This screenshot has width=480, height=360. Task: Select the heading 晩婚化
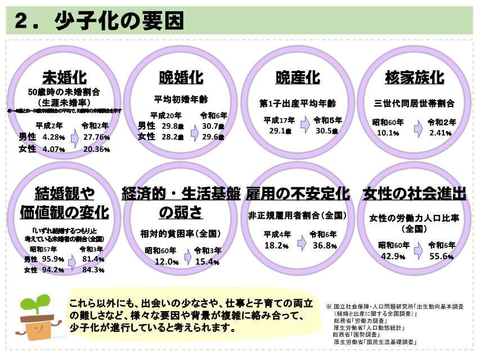coord(181,77)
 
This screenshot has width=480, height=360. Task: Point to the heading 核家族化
coord(414,77)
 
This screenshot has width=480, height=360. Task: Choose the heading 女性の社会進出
coord(414,194)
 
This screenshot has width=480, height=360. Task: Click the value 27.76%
coord(96,137)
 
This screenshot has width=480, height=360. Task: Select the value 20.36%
coord(96,149)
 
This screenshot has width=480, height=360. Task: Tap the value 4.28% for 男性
coord(54,137)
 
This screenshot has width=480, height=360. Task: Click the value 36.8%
coord(325,246)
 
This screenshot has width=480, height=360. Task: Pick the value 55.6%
coord(441,256)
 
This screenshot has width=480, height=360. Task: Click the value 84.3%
coord(93,269)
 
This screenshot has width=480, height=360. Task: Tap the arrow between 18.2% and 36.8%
coord(301,242)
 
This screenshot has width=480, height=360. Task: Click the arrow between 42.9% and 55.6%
coord(418,251)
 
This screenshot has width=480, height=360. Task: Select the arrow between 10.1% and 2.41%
coord(418,129)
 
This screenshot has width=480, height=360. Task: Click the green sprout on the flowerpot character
coord(35,304)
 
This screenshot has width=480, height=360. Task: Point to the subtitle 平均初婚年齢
coord(181,99)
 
